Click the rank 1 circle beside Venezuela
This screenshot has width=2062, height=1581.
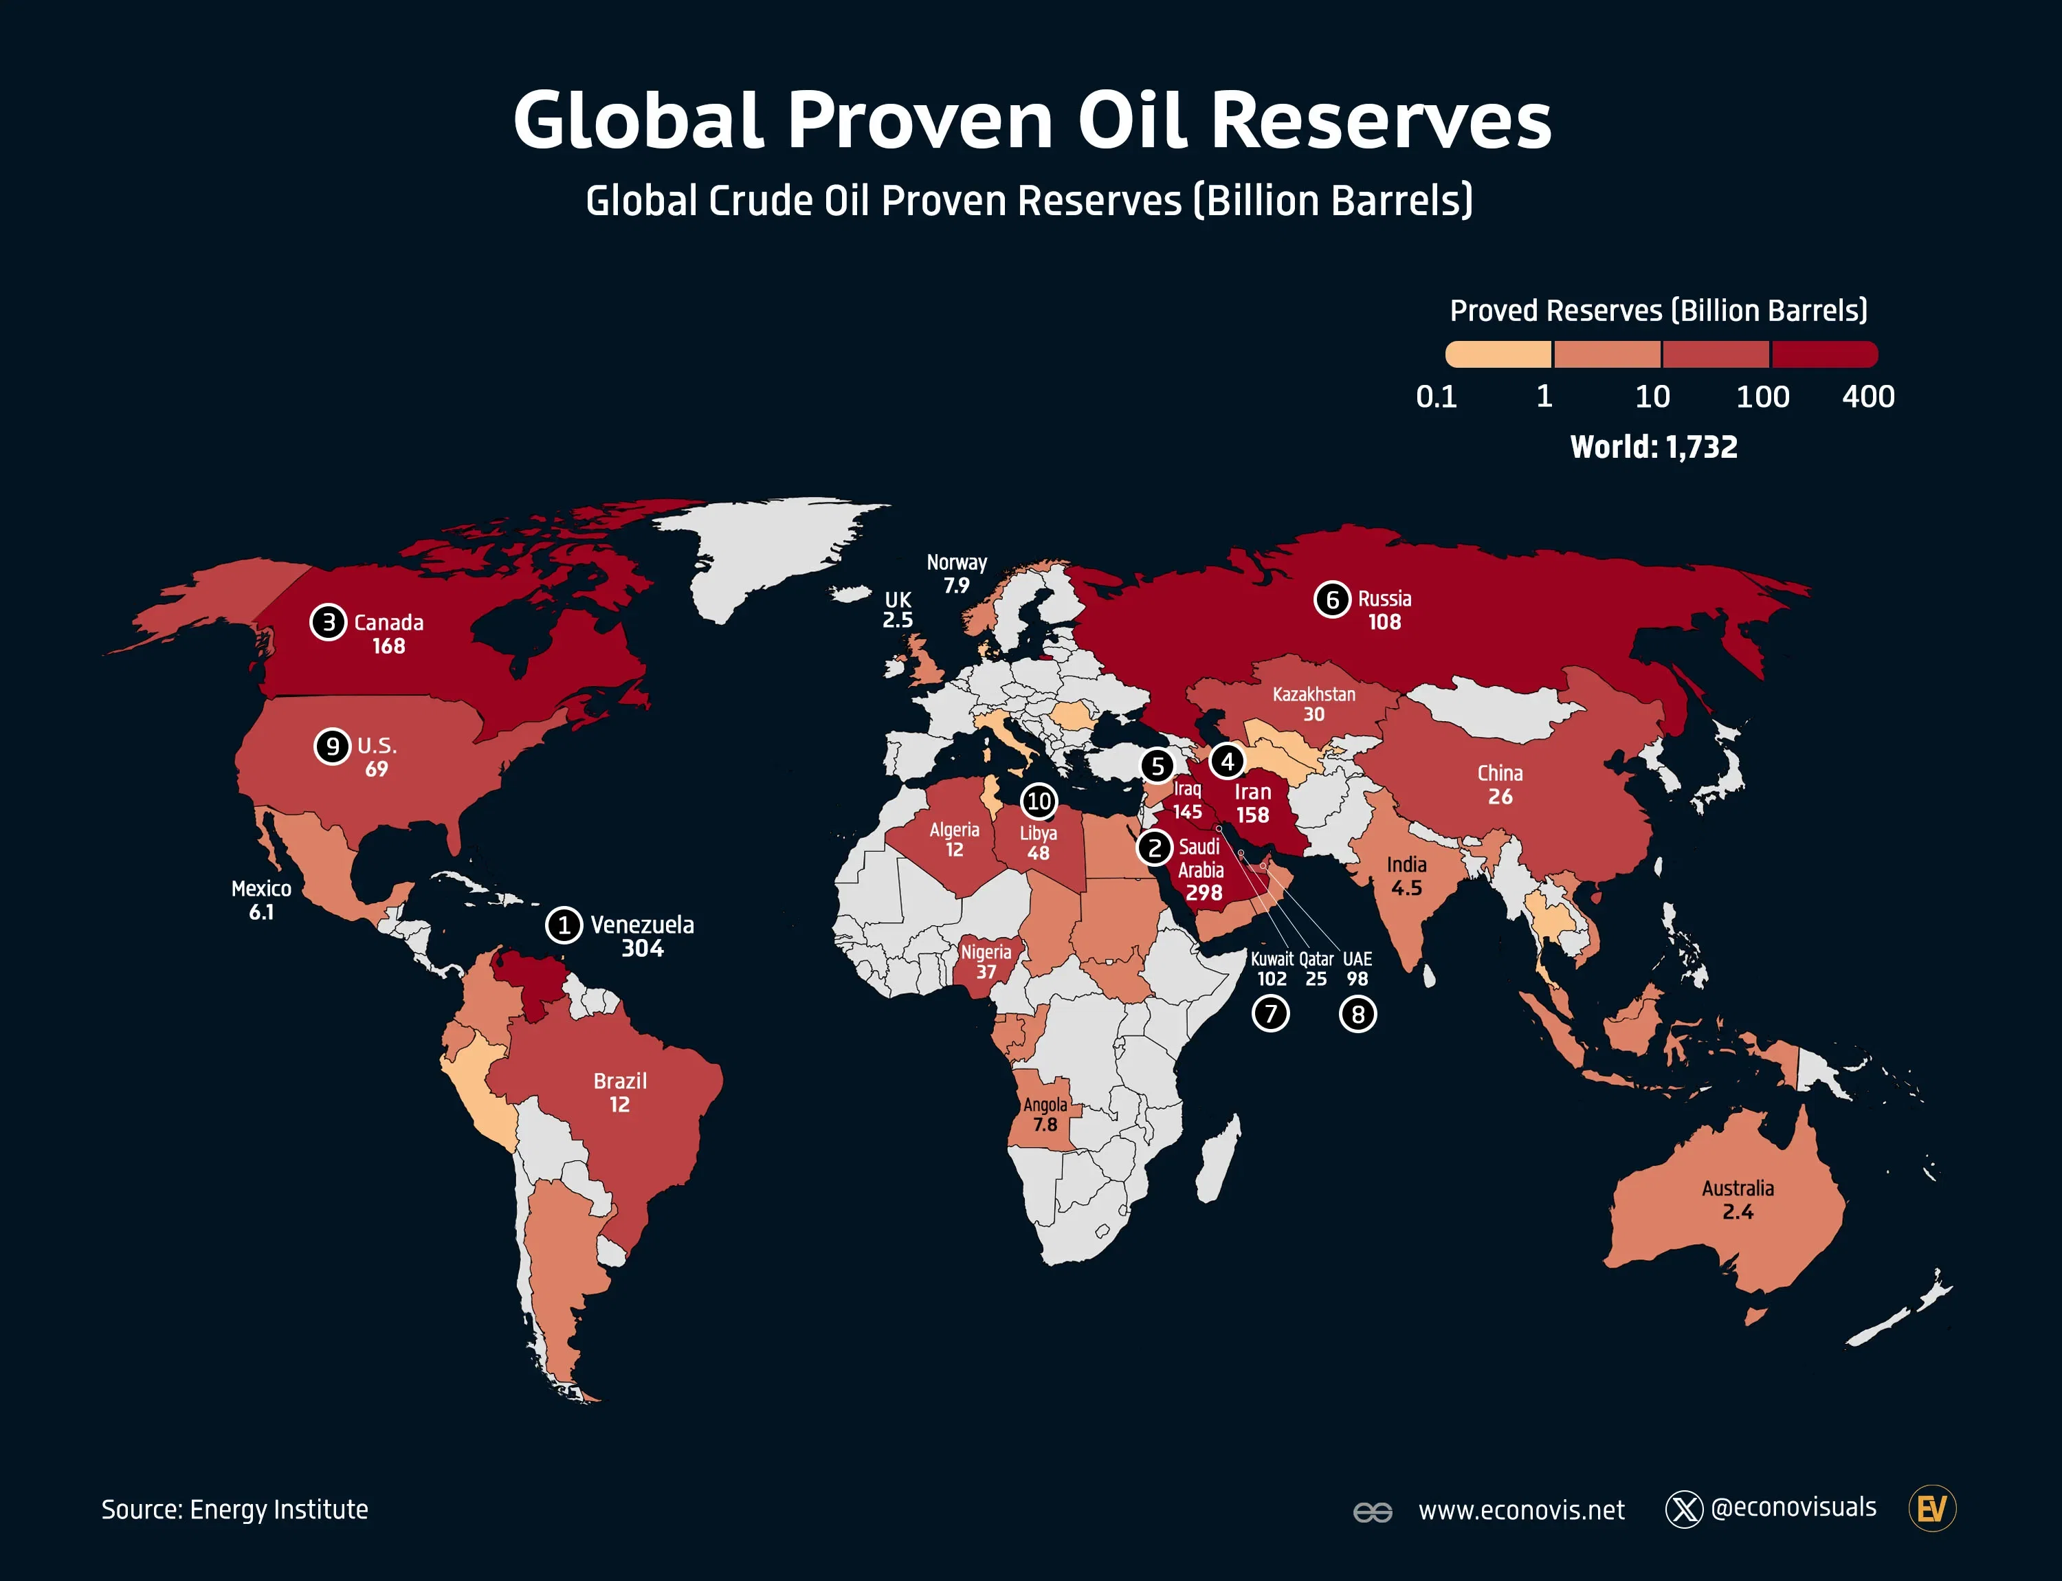[564, 925]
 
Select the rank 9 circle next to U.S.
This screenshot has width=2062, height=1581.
[332, 747]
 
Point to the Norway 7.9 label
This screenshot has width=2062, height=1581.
[956, 574]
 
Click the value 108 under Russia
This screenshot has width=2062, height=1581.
[1384, 622]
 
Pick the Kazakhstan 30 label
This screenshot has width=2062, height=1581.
[1313, 704]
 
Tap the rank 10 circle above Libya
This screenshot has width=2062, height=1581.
[1039, 801]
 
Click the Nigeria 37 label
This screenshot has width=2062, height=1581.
[986, 961]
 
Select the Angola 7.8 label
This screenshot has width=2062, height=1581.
[1045, 1114]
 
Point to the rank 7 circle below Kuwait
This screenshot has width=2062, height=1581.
[1270, 1013]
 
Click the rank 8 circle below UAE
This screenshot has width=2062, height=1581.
[1357, 1015]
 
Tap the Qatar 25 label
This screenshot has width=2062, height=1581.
[1316, 969]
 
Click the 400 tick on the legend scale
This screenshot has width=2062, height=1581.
[1867, 396]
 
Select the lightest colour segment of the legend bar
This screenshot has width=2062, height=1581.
[1498, 355]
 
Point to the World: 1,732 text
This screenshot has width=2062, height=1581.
[1654, 447]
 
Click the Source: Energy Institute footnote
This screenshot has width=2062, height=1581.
[234, 1510]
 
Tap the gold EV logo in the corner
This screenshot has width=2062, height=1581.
[1931, 1509]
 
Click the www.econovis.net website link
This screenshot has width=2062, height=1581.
[1521, 1510]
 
